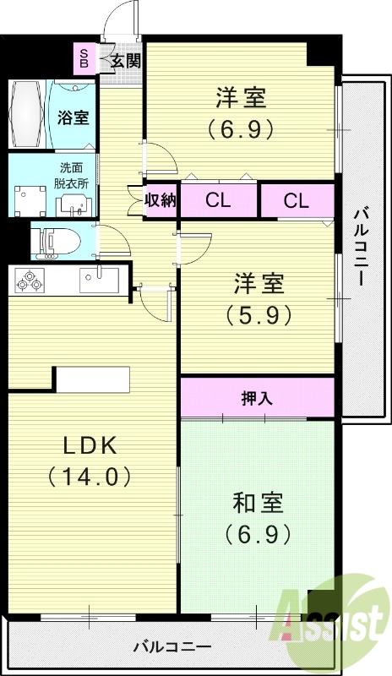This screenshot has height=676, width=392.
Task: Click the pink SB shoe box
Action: pos(84,57)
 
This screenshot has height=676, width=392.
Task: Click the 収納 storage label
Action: pos(160,200)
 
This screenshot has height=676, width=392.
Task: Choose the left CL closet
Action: pos(218,200)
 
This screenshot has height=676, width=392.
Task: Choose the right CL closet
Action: pos(296,200)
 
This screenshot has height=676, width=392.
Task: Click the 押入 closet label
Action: pos(257,398)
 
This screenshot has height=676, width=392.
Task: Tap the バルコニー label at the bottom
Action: pos(172,647)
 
